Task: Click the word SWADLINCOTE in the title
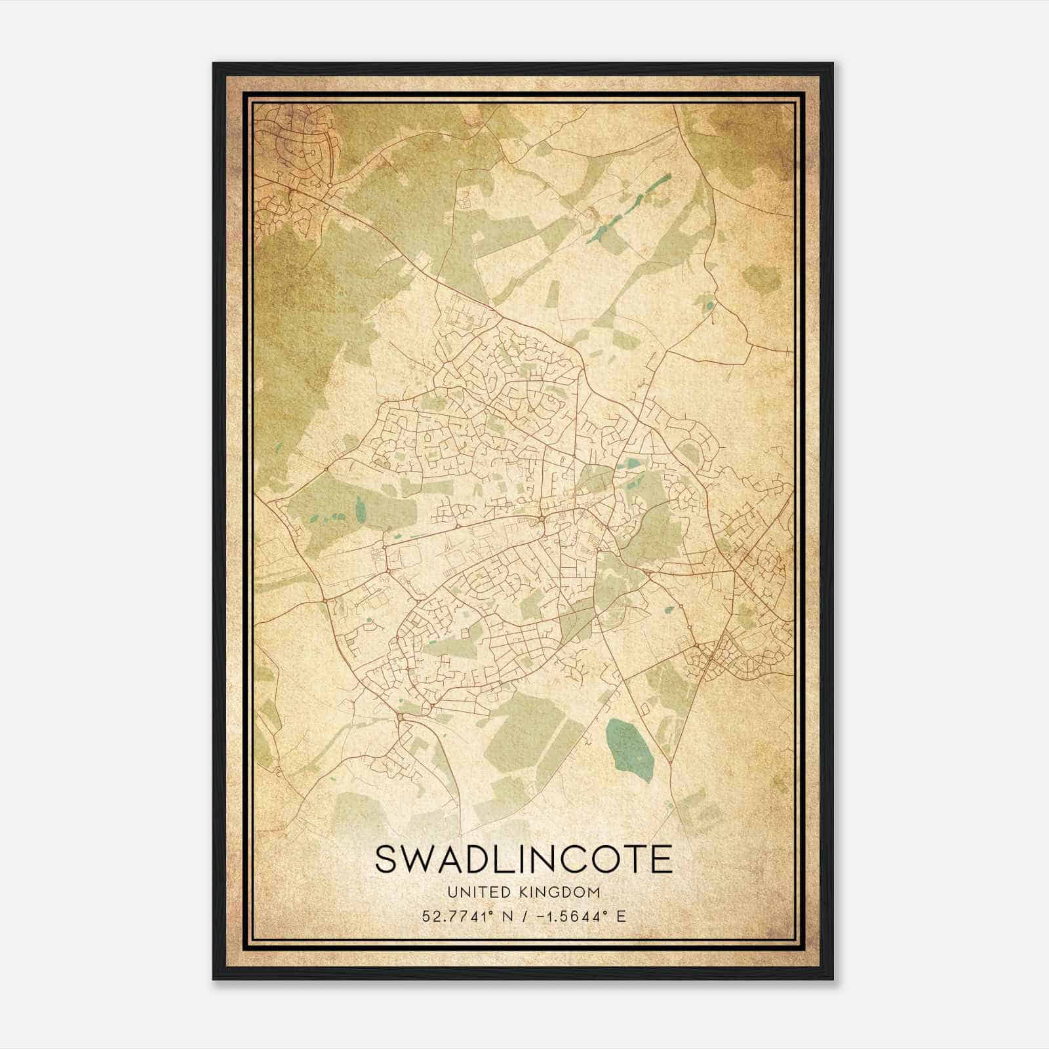pos(523,859)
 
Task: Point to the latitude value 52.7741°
pos(457,916)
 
